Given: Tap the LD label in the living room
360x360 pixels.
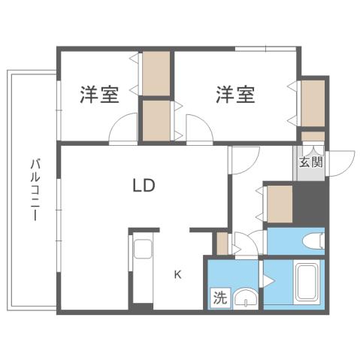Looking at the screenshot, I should point(144,185).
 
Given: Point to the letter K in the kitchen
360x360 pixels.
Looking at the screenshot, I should point(178,274).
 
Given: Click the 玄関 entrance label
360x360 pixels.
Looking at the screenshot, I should point(310,162).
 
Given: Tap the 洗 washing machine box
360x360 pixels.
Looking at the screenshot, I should point(219,297).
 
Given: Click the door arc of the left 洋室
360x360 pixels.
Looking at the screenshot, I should point(123,132).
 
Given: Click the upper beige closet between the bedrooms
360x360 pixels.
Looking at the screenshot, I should point(158,73).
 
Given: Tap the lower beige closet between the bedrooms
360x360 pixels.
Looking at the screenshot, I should point(157,119).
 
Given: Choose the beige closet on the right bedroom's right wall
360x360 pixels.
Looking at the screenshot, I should point(312,102).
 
